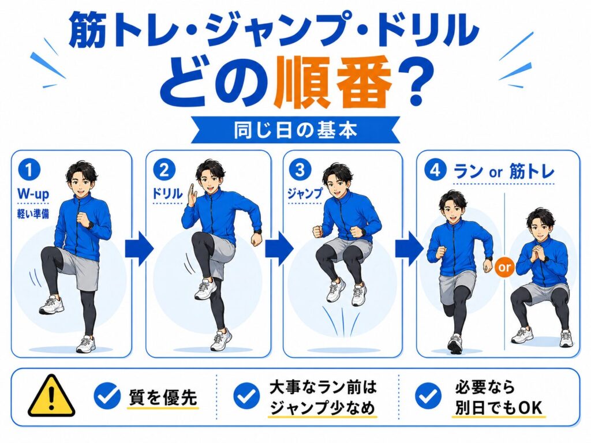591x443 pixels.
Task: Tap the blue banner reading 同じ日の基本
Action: coord(295,130)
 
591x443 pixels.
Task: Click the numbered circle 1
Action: coord(29,170)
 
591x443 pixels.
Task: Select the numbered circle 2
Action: coord(164,170)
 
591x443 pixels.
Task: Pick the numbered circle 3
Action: coord(300,170)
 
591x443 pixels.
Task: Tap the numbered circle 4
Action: coord(435,170)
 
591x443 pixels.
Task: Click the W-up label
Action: coord(33,194)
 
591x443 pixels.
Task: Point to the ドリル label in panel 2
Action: coord(167,194)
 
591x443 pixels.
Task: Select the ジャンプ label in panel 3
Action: coord(305,193)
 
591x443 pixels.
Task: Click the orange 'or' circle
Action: coord(504,267)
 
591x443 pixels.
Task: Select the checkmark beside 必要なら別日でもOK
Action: coord(428,396)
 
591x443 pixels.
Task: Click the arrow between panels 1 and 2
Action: coord(139,249)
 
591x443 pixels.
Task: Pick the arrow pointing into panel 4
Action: coord(409,249)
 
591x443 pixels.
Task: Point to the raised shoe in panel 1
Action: coord(51,305)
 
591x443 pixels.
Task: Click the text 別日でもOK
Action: coord(498,408)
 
